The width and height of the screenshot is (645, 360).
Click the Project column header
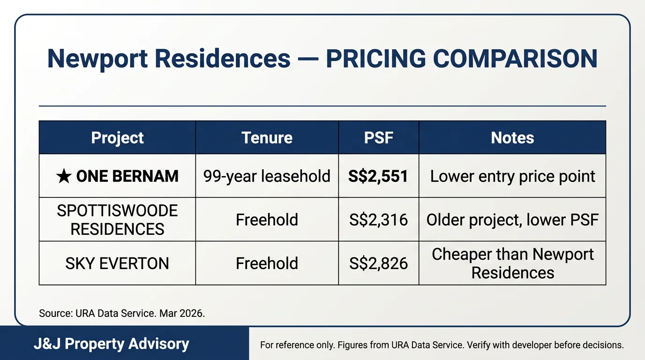(x=117, y=138)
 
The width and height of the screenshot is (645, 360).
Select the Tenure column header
(x=267, y=138)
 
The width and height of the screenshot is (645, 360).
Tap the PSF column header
(x=378, y=138)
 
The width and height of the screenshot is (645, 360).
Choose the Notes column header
(x=512, y=138)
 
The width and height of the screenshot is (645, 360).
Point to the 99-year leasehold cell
(x=267, y=176)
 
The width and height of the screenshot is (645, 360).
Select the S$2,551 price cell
(x=378, y=176)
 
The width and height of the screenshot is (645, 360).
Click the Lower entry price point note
(x=512, y=176)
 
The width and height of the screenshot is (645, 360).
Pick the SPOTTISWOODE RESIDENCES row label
(x=117, y=220)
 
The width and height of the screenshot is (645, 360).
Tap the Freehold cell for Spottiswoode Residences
(x=267, y=220)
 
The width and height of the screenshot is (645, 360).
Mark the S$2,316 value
(x=378, y=220)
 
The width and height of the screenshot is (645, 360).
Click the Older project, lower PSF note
(x=512, y=220)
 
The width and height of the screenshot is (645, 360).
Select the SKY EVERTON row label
(x=117, y=263)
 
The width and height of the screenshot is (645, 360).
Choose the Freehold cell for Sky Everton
(x=267, y=263)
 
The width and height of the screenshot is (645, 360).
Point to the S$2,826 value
(x=378, y=263)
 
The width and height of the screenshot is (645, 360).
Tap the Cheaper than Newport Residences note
(x=512, y=263)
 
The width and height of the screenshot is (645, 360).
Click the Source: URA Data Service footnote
(x=122, y=314)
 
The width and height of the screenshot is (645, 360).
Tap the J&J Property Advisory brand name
(x=111, y=344)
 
